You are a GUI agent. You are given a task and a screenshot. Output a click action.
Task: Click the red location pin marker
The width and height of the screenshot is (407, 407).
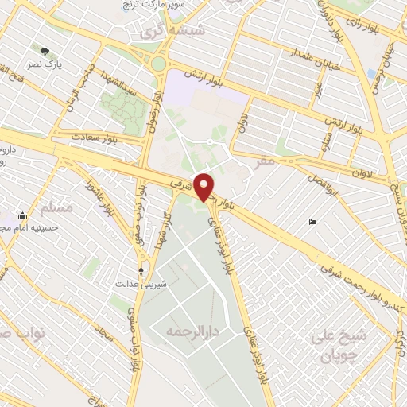click(x=204, y=186)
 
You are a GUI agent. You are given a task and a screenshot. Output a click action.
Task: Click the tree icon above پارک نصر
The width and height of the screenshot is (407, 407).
click(x=54, y=49)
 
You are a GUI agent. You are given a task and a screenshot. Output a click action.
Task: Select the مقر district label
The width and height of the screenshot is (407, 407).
click(x=265, y=161)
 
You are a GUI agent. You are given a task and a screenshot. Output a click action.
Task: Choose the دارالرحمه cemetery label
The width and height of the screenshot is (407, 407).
click(x=190, y=328)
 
